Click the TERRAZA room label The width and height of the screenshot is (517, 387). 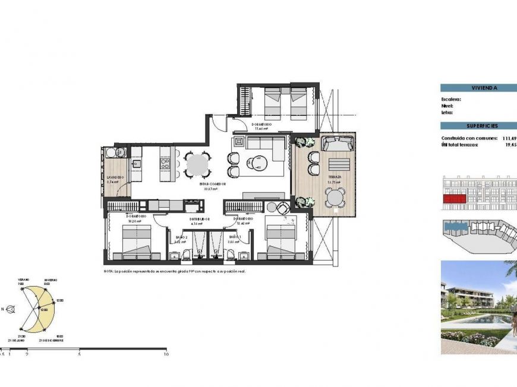click(334, 177)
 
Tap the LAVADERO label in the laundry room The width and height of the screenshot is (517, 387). click(115, 177)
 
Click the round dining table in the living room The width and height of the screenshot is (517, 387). click(197, 164)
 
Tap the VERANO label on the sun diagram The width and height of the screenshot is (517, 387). click(23, 280)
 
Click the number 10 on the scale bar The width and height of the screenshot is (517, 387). click(166, 354)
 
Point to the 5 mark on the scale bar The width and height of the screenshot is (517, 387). click(79, 354)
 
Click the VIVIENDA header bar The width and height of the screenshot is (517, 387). click(478, 88)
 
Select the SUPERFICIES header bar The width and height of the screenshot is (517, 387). click(478, 126)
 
